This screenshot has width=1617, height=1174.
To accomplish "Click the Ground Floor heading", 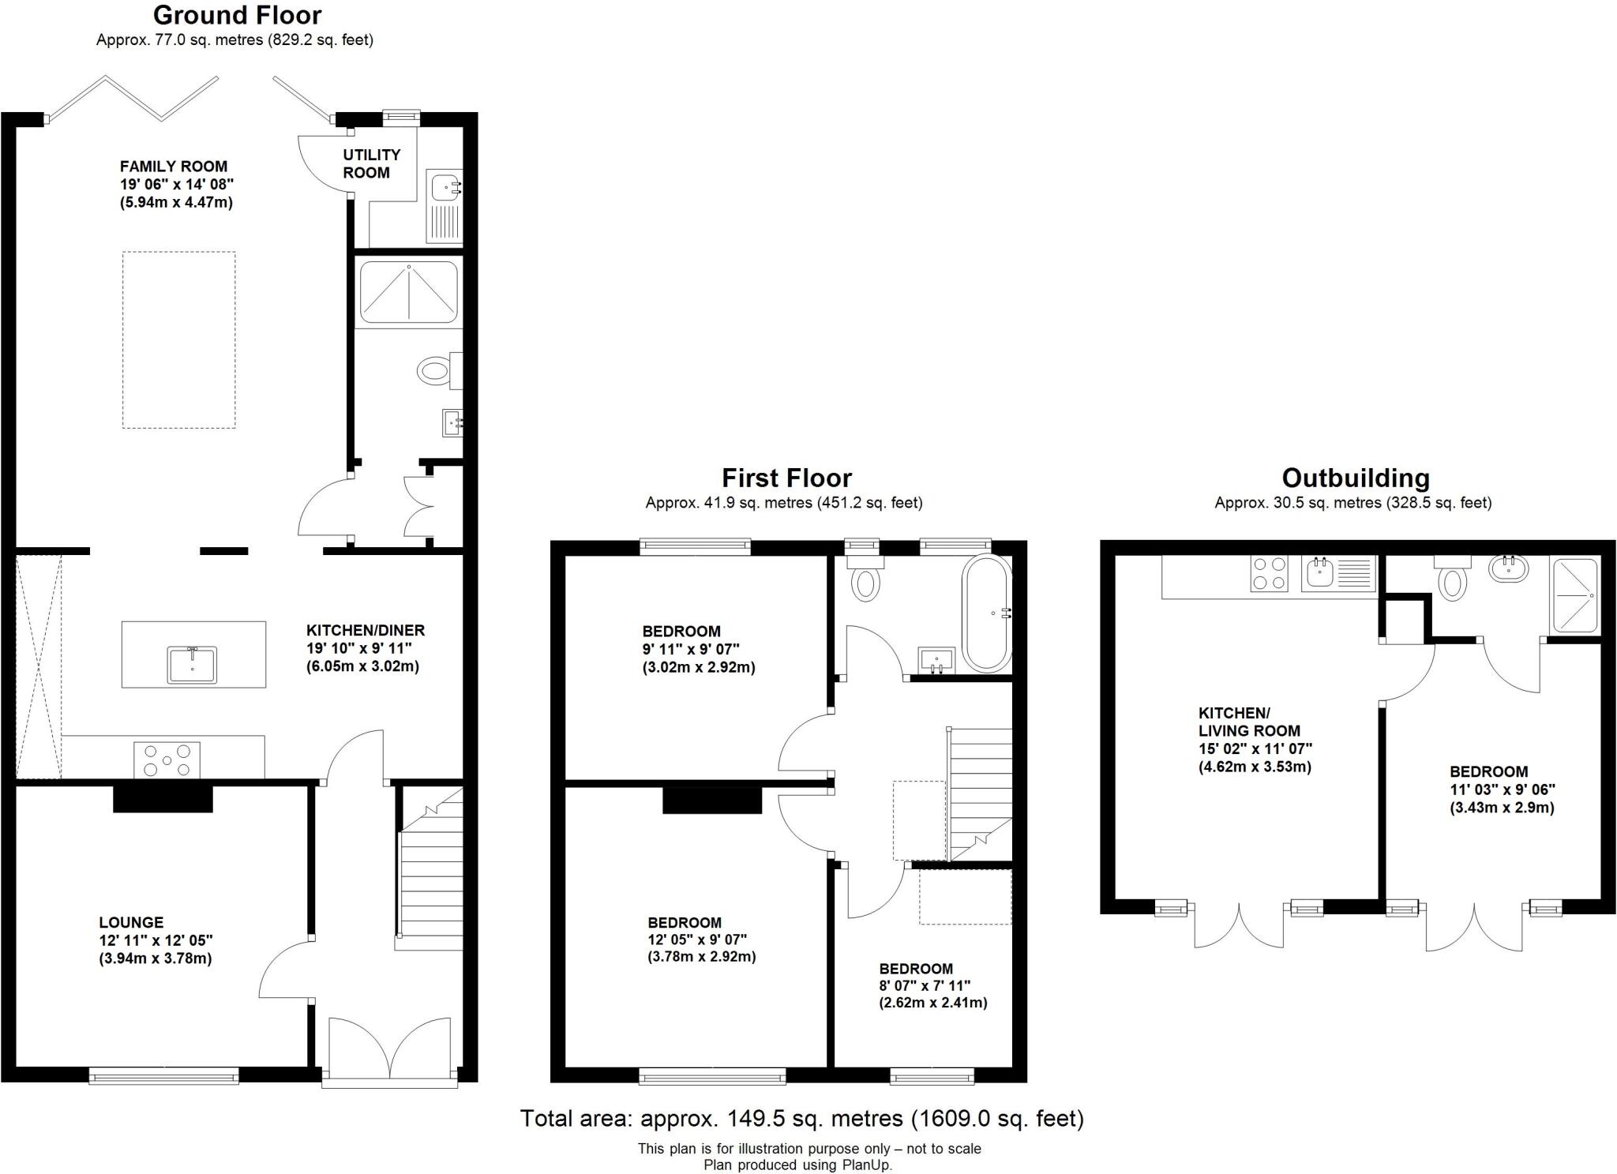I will [237, 16].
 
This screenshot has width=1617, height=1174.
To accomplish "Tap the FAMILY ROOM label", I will [173, 167].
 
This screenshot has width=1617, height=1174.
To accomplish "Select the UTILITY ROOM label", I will [370, 163].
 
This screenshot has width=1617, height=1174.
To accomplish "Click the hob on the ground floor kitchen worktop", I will [167, 760].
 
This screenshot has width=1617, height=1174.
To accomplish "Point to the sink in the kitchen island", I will [191, 664].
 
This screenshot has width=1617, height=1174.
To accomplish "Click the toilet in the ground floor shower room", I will [434, 370].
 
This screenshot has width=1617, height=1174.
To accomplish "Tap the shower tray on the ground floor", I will [408, 293].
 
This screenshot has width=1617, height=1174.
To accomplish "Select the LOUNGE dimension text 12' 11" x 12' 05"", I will [156, 940].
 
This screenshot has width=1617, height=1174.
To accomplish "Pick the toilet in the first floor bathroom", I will [865, 580].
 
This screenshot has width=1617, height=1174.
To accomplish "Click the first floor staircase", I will [979, 793].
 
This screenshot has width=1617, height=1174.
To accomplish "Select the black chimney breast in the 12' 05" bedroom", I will [711, 800].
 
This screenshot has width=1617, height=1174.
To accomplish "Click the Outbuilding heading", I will [1355, 478].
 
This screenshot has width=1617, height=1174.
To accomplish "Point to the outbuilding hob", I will [1270, 574].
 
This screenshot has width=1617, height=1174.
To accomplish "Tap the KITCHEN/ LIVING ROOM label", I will [1248, 722].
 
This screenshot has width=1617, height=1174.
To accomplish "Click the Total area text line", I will [801, 1119].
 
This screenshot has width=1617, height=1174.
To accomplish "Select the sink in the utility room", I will [444, 188].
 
